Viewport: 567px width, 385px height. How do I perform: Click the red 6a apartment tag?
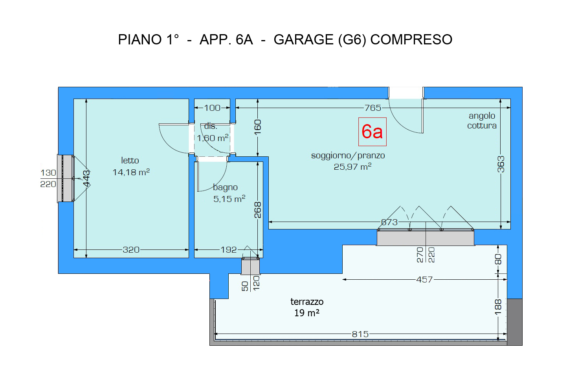[372, 132]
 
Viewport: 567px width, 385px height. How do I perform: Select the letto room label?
[130, 160]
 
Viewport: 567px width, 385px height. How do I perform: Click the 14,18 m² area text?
[131, 172]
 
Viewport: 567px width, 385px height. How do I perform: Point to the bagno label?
[225, 187]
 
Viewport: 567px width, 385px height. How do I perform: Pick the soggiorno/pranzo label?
[348, 155]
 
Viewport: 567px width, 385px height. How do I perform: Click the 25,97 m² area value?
[352, 167]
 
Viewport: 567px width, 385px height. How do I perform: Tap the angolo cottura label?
[482, 121]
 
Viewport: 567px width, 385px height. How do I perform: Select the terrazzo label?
[307, 302]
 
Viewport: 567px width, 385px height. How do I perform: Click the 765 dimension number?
[372, 107]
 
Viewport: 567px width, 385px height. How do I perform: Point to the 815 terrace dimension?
[360, 334]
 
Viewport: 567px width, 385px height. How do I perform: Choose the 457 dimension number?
[424, 279]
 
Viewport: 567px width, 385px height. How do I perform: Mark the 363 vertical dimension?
[501, 164]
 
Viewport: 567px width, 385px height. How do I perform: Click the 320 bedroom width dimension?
[131, 249]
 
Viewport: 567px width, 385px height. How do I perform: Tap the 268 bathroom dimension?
[257, 209]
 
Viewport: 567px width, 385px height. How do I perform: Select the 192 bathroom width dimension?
[229, 249]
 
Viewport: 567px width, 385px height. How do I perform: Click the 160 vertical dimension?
[257, 127]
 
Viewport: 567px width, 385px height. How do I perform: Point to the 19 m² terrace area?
[306, 313]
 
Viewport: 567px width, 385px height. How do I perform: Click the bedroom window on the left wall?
[66, 178]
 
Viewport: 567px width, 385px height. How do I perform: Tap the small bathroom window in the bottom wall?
[250, 266]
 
